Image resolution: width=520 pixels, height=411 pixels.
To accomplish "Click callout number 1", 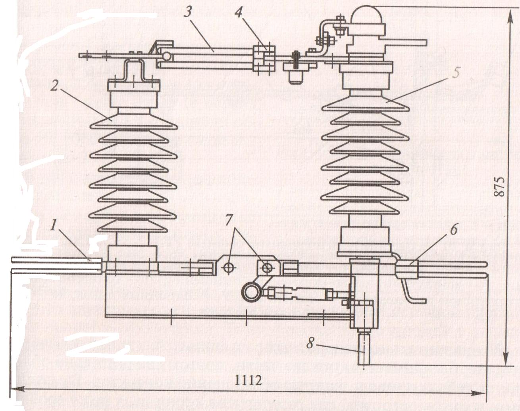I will pos(54,226).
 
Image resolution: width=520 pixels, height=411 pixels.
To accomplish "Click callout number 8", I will pos(311,343).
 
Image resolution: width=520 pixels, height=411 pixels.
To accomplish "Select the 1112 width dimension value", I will pos(248,380).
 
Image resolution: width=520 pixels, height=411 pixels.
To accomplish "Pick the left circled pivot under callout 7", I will pos(228,268).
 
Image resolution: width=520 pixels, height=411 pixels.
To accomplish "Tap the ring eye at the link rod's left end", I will pos(251,292).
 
